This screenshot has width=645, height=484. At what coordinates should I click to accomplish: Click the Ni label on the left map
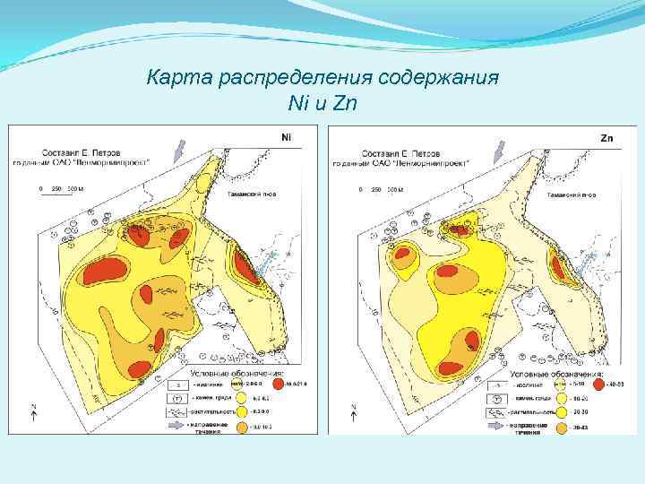pos(286,136)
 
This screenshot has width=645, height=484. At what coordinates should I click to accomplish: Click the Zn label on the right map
pos(606,138)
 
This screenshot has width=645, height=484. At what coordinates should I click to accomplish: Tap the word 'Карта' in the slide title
pos(174,77)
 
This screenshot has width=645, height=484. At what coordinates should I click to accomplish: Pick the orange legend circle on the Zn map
pos(562,429)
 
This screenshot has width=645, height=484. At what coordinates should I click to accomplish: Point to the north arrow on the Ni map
pos(33,413)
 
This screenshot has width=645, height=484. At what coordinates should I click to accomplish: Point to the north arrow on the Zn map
pos(354,413)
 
